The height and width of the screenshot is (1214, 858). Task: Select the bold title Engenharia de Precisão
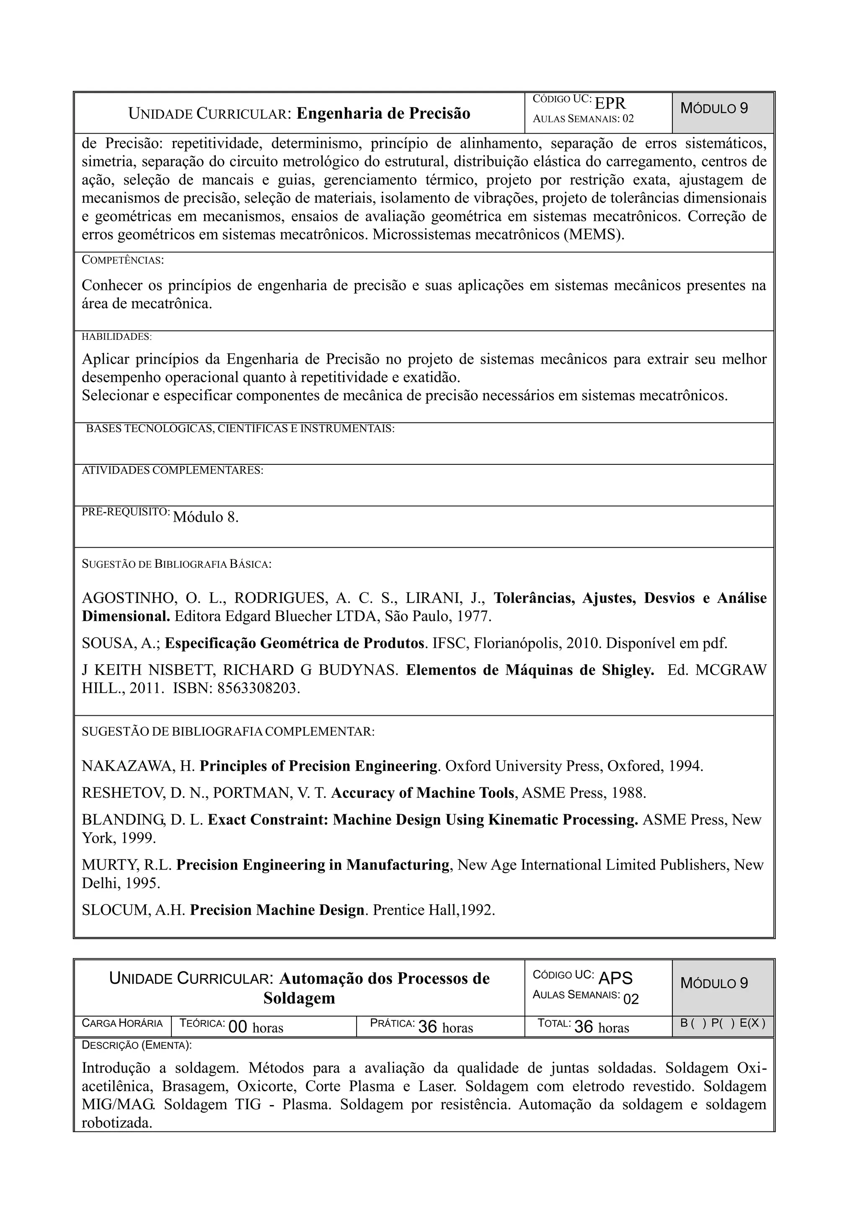pyautogui.click(x=383, y=114)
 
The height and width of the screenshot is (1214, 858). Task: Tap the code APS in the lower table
pyautogui.click(x=615, y=978)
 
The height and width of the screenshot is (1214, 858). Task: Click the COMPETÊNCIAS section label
pyautogui.click(x=123, y=260)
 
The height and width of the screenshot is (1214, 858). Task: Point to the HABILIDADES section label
pyautogui.click(x=116, y=337)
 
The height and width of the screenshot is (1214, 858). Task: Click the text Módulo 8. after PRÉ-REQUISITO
pyautogui.click(x=206, y=517)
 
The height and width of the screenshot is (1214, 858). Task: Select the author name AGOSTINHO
pyautogui.click(x=129, y=598)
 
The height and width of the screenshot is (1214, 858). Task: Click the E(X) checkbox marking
pyautogui.click(x=752, y=1023)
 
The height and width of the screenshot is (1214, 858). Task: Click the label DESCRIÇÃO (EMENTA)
pyautogui.click(x=137, y=1045)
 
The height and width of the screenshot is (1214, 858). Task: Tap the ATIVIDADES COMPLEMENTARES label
pyautogui.click(x=172, y=470)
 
